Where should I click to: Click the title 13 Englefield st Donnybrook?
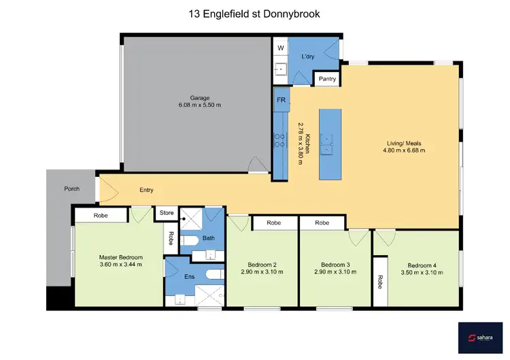coord(254,14)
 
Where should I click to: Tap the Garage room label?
coord(199,97)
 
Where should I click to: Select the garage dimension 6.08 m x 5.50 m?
coord(199,105)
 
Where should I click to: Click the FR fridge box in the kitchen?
coord(280,99)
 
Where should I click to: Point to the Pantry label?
coord(327,80)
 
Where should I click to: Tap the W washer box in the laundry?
coord(280,48)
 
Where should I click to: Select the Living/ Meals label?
coord(404,143)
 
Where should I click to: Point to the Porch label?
coord(72,189)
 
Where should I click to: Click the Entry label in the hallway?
coord(146,190)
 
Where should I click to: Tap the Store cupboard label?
coord(167,213)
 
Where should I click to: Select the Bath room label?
coord(208,238)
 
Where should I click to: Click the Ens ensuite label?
coord(189,277)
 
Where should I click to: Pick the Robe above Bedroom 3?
coord(322,223)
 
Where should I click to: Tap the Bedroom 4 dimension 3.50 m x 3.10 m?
coord(425,272)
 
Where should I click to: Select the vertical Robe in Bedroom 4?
coord(379,282)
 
